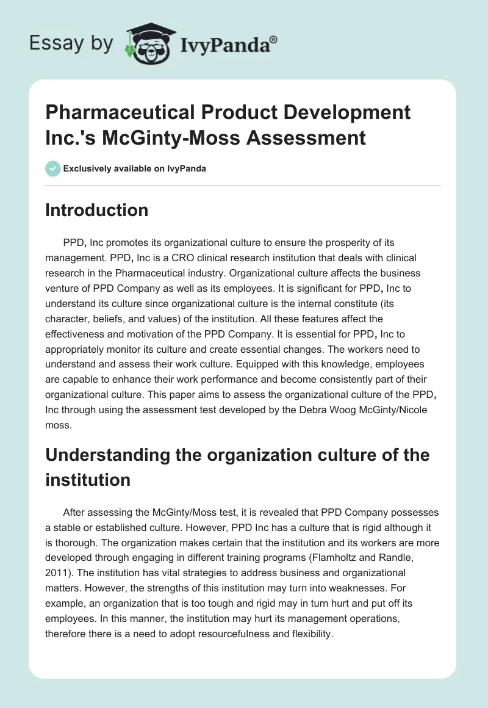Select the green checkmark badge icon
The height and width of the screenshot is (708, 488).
pyautogui.click(x=52, y=168)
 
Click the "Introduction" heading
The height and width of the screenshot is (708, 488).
pyautogui.click(x=97, y=211)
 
